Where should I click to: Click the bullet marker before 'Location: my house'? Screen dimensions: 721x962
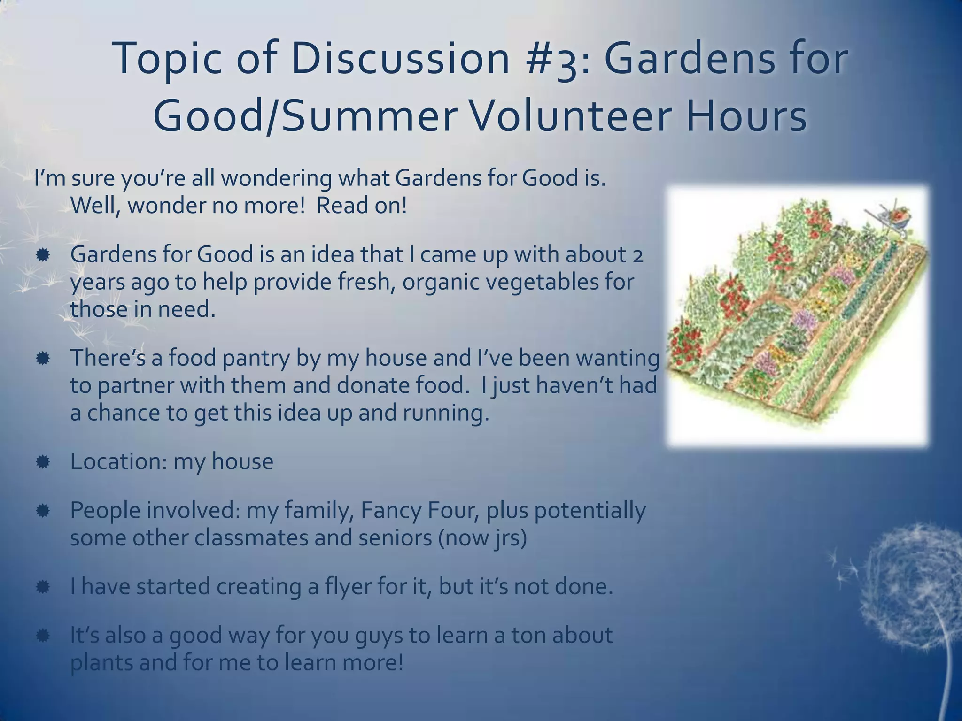42,462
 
